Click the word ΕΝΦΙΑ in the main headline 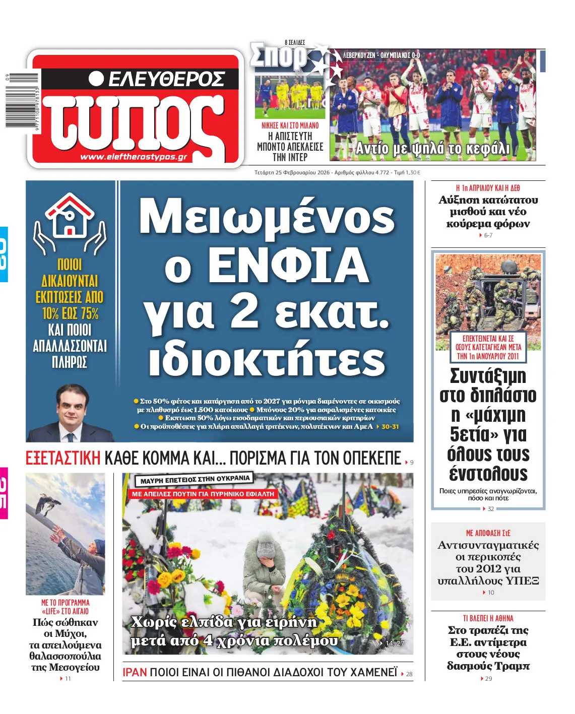pos(288,265)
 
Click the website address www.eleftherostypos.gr pos(134,157)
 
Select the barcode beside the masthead pos(22,101)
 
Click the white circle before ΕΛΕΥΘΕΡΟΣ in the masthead pos(96,79)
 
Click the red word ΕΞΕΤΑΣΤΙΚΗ pos(63,459)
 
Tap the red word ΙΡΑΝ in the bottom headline pos(135,672)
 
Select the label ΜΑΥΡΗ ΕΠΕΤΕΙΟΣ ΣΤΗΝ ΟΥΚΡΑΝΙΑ pos(195,479)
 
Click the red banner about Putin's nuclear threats pos(203,494)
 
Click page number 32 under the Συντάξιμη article pos(491,509)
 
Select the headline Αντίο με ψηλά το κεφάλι pos(432,149)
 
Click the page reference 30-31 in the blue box pos(390,426)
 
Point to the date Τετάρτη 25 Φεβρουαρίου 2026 pos(292,172)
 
